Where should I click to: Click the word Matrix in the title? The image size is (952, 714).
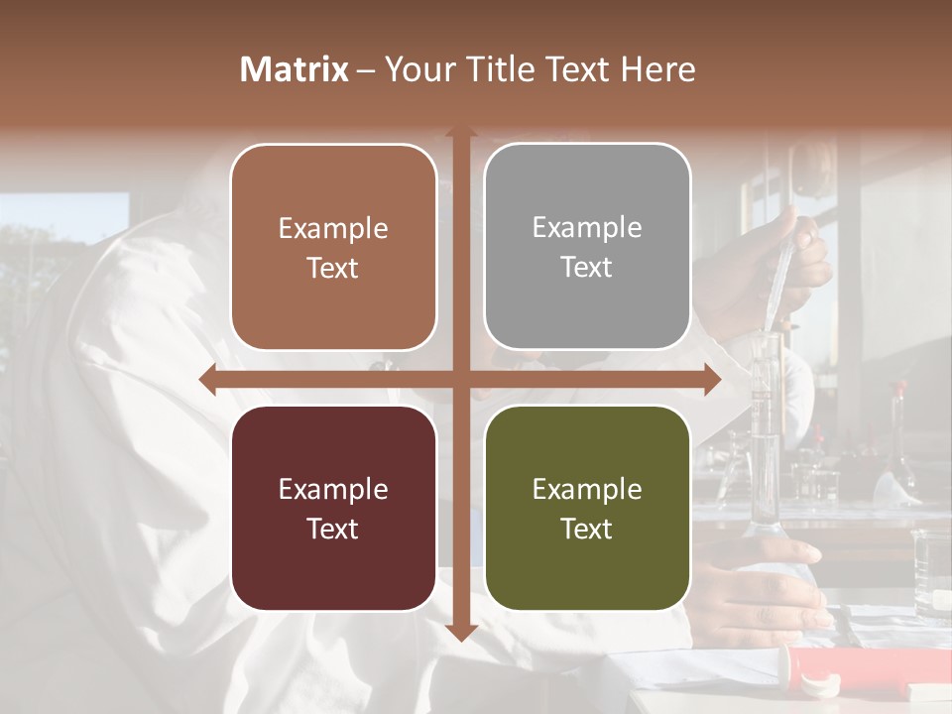(295, 69)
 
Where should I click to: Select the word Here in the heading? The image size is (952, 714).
(658, 69)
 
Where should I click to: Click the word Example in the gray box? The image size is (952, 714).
(587, 228)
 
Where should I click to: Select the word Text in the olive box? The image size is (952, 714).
(587, 529)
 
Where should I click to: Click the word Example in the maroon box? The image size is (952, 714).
(333, 489)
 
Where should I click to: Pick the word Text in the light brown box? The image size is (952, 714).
(333, 268)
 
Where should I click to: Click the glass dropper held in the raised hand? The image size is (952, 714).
(783, 268)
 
